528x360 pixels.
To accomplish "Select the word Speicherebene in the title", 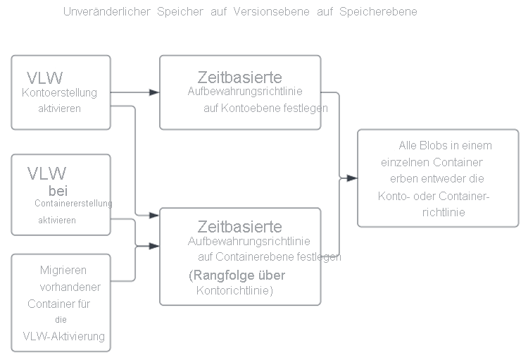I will click(378, 12).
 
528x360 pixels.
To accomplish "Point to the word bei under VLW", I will click(58, 190).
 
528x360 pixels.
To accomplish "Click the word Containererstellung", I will click(73, 204).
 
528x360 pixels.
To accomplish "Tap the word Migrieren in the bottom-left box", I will click(63, 270).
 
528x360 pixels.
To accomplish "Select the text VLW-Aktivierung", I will click(64, 336).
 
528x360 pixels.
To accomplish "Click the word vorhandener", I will click(71, 287).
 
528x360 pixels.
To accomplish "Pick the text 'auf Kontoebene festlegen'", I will click(265, 108).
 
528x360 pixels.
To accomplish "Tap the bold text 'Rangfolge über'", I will click(237, 275).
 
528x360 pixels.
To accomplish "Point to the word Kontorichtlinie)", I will click(234, 290).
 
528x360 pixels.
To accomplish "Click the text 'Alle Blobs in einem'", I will click(445, 146).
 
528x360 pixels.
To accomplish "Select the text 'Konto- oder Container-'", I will click(434, 197).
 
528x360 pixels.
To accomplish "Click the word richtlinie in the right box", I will click(444, 212).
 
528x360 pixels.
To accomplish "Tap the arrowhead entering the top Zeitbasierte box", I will click(155, 92).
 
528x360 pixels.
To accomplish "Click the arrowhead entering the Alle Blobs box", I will click(353, 178).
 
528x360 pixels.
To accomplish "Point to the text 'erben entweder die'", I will click(437, 180).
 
